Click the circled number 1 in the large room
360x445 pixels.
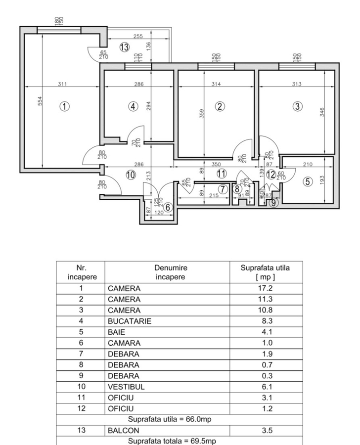[x=64, y=105]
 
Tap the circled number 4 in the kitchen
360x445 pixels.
[x=132, y=106]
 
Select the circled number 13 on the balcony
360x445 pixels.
[x=124, y=47]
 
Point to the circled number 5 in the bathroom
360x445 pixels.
[x=308, y=181]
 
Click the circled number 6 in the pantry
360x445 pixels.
[x=168, y=208]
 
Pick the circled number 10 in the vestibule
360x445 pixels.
[x=130, y=174]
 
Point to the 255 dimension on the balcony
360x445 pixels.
[x=138, y=37]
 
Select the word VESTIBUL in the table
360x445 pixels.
[x=126, y=387]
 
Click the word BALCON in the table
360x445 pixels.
[x=123, y=431]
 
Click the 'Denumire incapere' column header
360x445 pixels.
[x=171, y=272]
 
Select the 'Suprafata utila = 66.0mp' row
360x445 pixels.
[x=179, y=420]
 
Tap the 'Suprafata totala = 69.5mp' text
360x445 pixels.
[x=179, y=441]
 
